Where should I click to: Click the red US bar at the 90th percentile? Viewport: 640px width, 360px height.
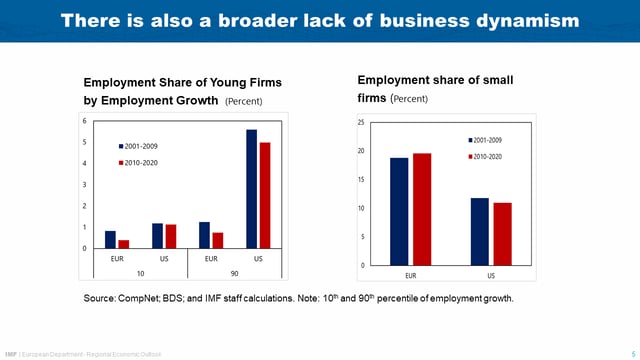264,195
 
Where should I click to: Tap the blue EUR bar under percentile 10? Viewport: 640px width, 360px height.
110,239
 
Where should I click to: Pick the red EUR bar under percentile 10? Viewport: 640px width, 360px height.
123,243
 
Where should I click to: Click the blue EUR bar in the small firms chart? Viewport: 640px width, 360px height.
399,211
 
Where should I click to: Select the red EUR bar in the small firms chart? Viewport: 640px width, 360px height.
421,209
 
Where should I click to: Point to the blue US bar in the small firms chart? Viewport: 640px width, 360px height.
480,231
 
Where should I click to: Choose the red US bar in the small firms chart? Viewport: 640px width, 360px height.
501,234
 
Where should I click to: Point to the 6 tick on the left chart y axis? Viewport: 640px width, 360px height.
85,121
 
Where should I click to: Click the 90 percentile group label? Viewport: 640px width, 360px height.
234,272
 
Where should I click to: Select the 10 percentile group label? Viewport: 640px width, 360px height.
141,272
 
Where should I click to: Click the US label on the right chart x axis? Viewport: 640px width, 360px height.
491,274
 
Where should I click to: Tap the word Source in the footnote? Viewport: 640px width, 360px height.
101,299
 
